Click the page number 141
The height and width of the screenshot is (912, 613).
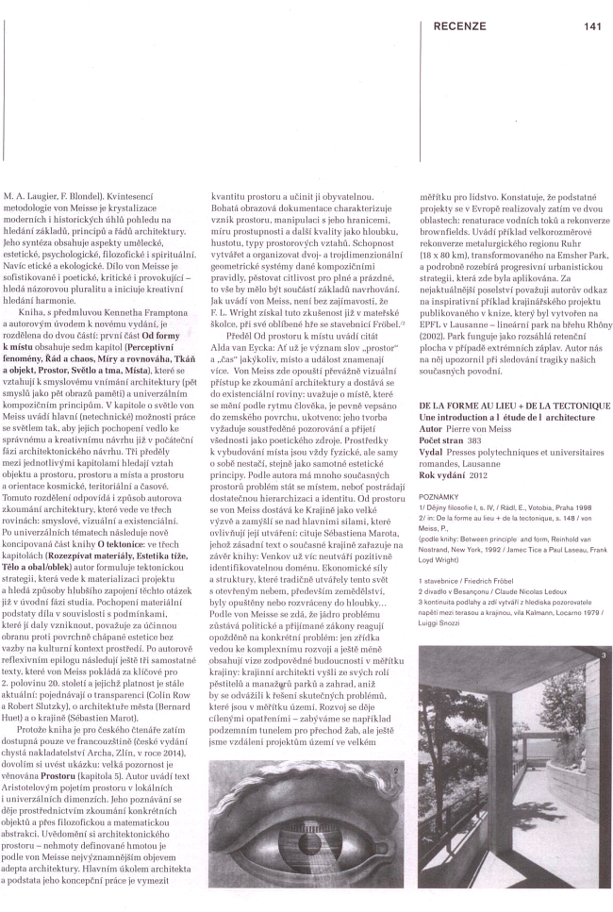tap(592, 26)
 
